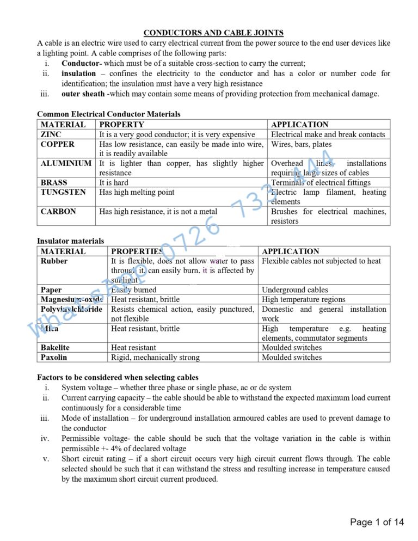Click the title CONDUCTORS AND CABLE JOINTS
pos(213,33)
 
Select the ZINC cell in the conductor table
pos(51,134)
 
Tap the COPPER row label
pos(58,144)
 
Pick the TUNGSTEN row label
pos(63,192)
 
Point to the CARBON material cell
pos(58,211)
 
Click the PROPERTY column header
pos(121,125)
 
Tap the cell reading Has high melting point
pos(137,192)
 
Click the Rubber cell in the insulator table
pos(54,261)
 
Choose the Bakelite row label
pos(55,347)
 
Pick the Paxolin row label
pos(54,357)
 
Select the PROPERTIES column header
pos(136,251)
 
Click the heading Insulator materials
pos(70,241)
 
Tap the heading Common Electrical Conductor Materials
pos(108,114)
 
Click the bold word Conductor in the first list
pos(79,63)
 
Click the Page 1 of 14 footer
pos(377,522)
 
